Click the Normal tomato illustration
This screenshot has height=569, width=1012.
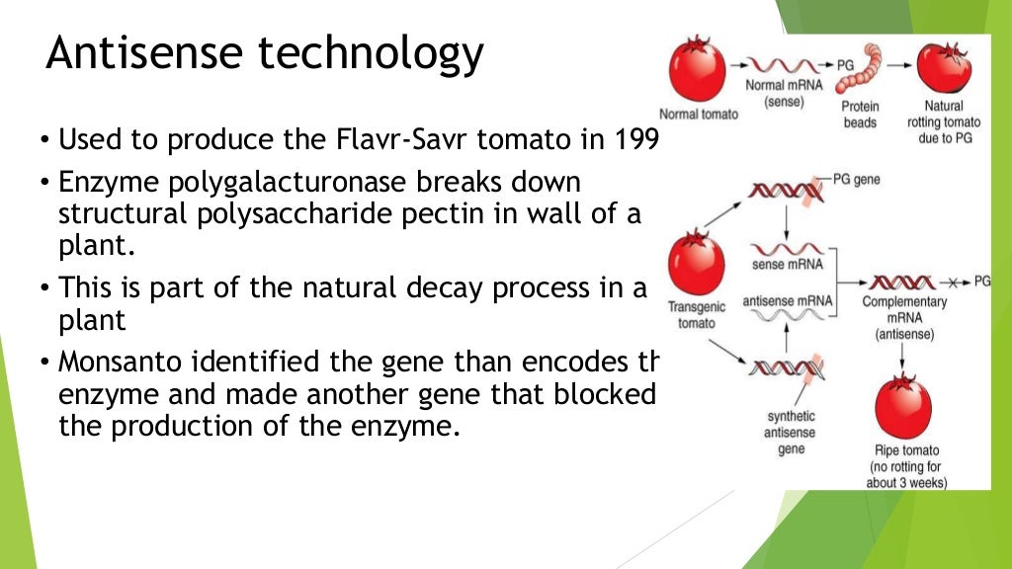click(698, 71)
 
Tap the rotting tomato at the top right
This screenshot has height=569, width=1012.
click(944, 68)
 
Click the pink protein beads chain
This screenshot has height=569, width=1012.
click(859, 72)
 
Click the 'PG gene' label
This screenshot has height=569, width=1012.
click(856, 180)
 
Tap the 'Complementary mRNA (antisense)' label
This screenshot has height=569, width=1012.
click(904, 318)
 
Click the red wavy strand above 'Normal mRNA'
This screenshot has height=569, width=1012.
click(780, 67)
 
